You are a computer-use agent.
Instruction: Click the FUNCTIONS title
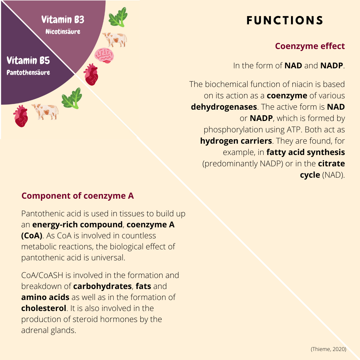click(x=285, y=21)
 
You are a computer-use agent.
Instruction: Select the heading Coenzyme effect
click(x=310, y=46)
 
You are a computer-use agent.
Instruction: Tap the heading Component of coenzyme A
click(x=78, y=196)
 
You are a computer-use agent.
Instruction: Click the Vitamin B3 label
click(x=63, y=20)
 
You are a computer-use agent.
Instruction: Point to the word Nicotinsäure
click(x=63, y=32)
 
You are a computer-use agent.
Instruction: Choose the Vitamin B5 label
click(x=28, y=61)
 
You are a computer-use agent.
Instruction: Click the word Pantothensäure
click(x=28, y=72)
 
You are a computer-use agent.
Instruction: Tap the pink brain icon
click(x=104, y=55)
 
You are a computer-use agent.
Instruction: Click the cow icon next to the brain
click(x=114, y=39)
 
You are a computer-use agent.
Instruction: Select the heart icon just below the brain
click(x=91, y=74)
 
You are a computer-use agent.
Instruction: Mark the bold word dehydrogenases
click(x=224, y=107)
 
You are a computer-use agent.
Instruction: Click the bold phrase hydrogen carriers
click(x=236, y=141)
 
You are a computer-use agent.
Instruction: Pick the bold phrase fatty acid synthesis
click(x=306, y=152)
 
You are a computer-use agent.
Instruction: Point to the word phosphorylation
click(x=236, y=130)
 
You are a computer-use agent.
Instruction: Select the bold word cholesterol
click(x=44, y=308)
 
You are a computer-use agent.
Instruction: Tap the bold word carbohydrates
click(x=102, y=286)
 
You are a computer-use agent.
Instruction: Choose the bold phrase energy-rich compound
click(x=77, y=224)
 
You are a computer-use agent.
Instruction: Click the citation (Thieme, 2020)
click(x=328, y=349)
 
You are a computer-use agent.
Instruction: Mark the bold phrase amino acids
click(x=45, y=297)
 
